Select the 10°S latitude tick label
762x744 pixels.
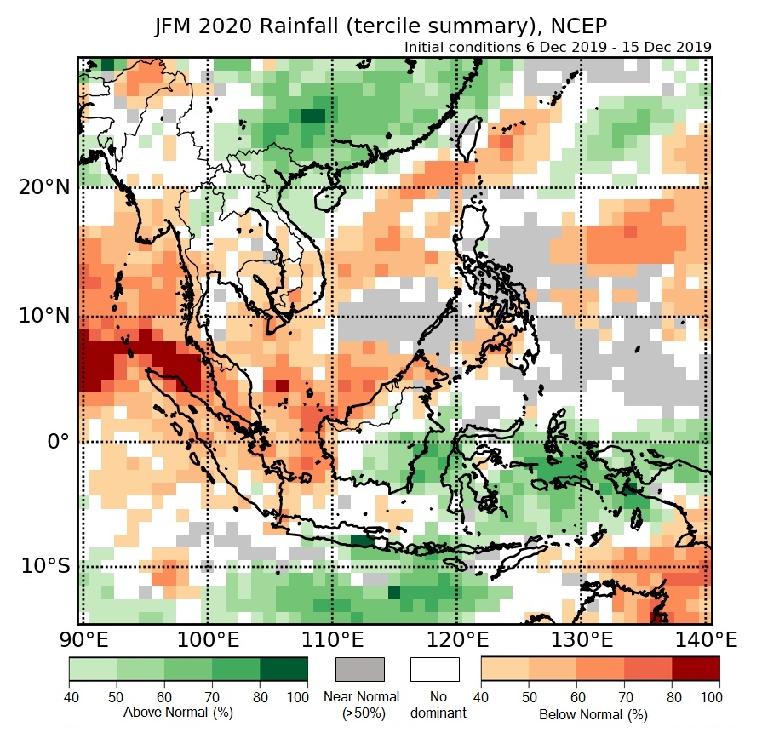(44, 566)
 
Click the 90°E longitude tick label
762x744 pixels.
(83, 639)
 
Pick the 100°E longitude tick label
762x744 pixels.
(208, 639)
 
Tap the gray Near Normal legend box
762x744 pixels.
(360, 669)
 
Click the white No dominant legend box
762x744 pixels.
(435, 669)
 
